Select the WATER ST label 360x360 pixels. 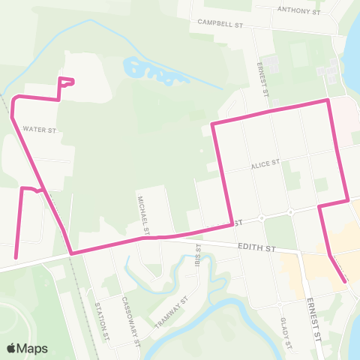click(40, 129)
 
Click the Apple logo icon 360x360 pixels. click(12, 348)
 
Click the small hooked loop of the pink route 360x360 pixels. click(67, 82)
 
